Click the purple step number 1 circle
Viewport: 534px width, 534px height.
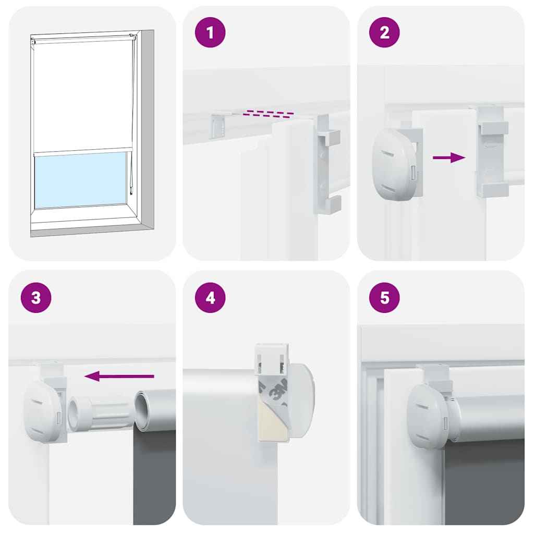pos(210,32)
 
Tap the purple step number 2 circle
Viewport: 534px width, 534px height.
pos(384,32)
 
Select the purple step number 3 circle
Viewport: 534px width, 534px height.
pos(35,298)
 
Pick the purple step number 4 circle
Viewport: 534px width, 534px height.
pos(210,298)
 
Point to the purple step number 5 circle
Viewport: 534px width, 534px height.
pos(384,298)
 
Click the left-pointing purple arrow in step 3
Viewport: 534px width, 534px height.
pos(119,376)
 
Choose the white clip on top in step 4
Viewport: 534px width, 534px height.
pos(272,359)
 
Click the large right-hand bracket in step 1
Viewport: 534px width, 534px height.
pos(327,162)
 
